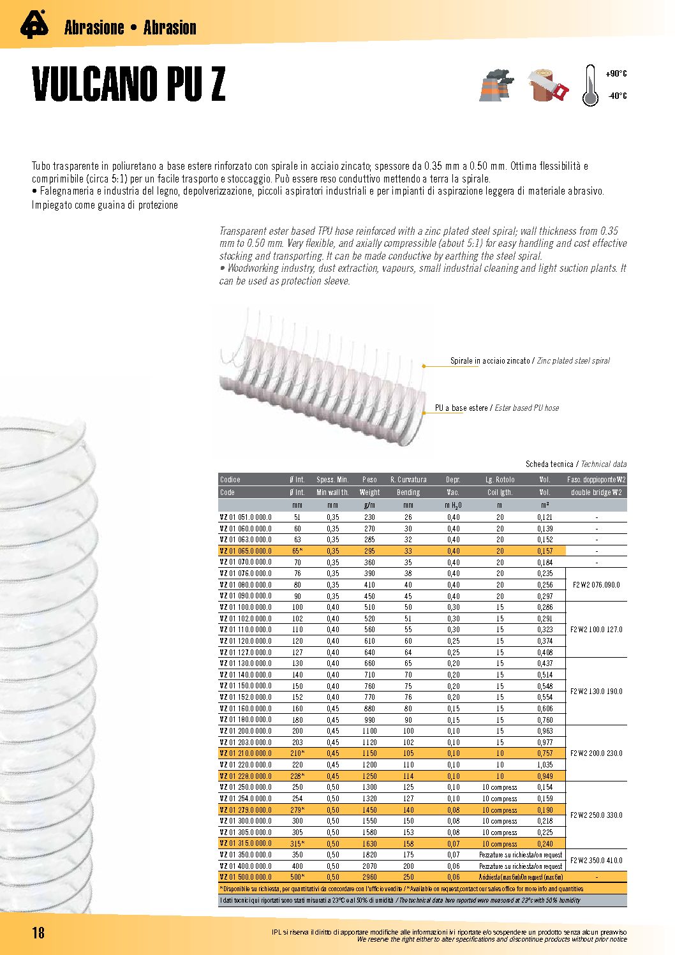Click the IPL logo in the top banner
click(34, 25)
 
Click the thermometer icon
click(590, 85)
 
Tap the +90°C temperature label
click(616, 74)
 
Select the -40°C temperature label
click(616, 96)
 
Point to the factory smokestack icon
click(496, 85)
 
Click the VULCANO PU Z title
click(128, 84)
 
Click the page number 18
click(38, 933)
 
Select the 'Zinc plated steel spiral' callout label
click(530, 361)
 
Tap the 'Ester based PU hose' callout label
click(496, 408)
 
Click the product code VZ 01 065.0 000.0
click(246, 551)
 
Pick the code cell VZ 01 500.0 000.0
click(246, 877)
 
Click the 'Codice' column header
click(230, 480)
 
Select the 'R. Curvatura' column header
click(408, 480)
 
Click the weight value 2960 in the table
click(369, 877)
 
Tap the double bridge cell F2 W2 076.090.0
click(596, 585)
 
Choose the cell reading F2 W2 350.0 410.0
click(596, 861)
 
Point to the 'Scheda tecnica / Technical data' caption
click(575, 464)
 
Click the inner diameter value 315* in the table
click(297, 844)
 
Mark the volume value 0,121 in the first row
click(544, 517)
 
